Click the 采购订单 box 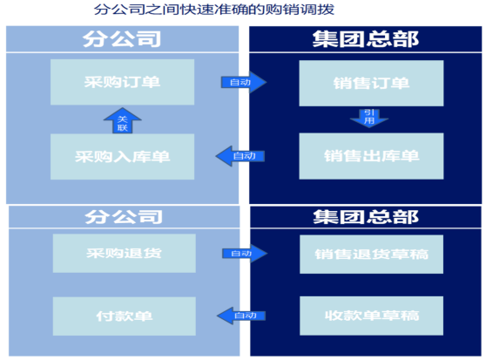pos(123,82)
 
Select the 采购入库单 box pos(123,157)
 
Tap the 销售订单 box pos(371,84)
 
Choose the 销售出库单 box pos(371,156)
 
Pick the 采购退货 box pos(125,254)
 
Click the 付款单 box pos(125,316)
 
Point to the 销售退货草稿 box pos(371,255)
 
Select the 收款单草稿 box pos(371,316)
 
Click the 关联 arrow pos(123,121)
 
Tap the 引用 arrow pos(369,118)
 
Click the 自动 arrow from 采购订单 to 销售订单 pos(244,82)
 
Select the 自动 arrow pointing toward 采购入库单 pos(240,156)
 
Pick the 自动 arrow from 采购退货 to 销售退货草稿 pos(245,254)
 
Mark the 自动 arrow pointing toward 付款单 pos(241,316)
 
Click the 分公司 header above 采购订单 pos(123,39)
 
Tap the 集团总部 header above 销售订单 pos(366,39)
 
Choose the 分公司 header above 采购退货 pos(124,217)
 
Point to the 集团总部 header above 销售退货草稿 pos(366,217)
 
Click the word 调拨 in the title pos(322,10)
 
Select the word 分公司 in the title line pos(111,10)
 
